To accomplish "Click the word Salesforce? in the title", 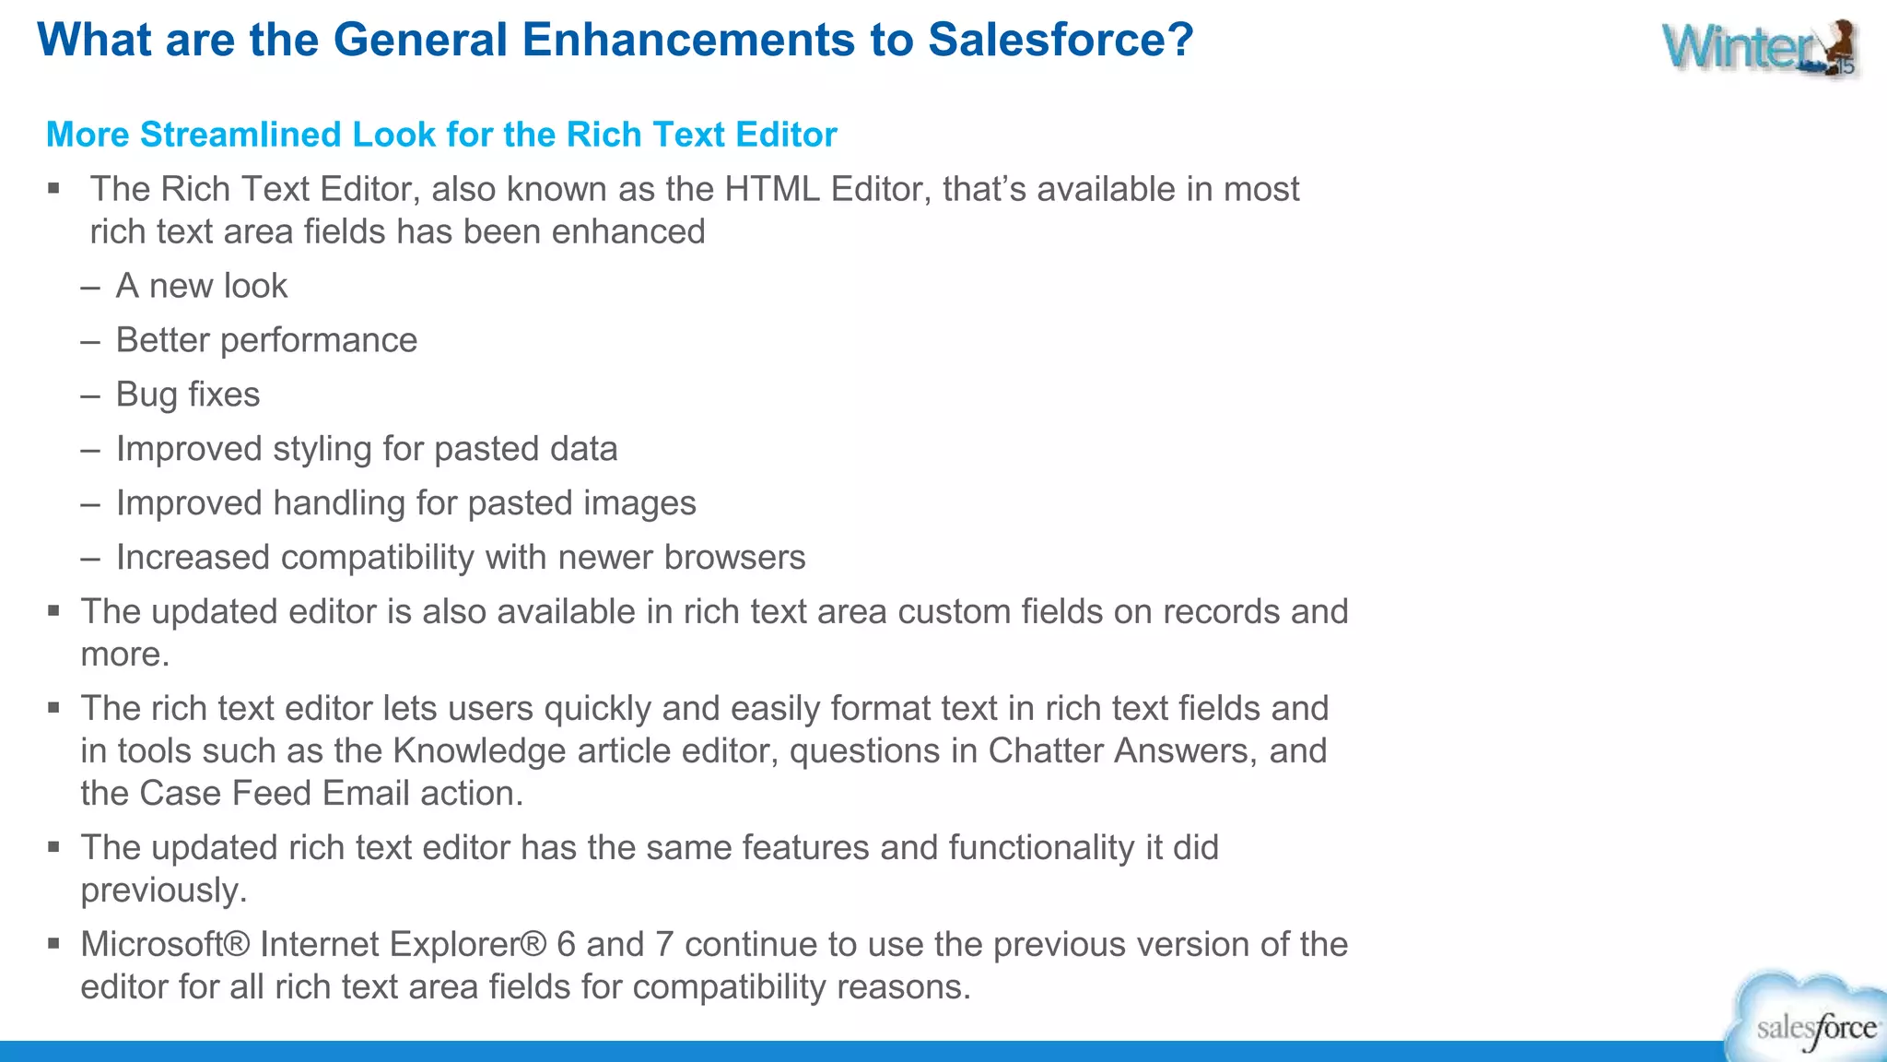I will tap(1060, 40).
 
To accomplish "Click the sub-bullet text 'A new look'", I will tap(201, 286).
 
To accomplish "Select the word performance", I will tap(318, 340).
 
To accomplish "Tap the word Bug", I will tap(147, 395).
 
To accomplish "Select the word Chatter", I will tap(1045, 751).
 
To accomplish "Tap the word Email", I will tap(366, 794).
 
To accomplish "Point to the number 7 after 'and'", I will tap(663, 945).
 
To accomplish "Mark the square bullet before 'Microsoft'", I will tap(54, 944).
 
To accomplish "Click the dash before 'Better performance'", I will tap(90, 341).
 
